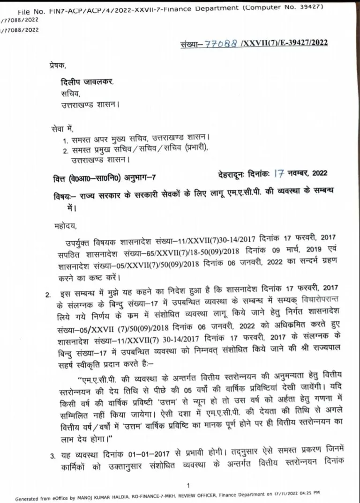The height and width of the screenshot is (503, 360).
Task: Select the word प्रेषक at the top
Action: click(x=59, y=67)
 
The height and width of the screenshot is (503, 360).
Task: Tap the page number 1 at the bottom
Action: click(x=187, y=486)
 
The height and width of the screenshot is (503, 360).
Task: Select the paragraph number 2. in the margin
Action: click(x=48, y=295)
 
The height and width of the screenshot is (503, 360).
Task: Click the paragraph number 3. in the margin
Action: click(x=53, y=455)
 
